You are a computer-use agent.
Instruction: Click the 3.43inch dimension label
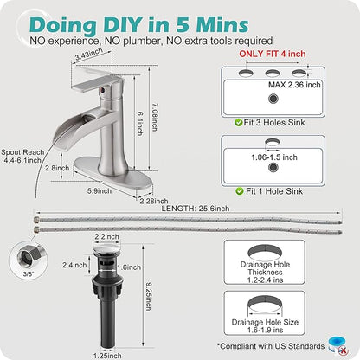pos(89,54)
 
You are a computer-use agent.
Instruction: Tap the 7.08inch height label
pos(154,117)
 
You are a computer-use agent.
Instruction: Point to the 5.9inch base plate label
pos(100,191)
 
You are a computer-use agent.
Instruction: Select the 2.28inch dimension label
pos(154,201)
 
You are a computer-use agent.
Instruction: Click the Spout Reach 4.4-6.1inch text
pos(22,156)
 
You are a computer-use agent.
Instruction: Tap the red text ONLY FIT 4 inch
pos(273,54)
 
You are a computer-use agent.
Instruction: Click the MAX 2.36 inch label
pos(294,85)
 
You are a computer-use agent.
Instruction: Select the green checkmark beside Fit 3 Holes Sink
pos(239,123)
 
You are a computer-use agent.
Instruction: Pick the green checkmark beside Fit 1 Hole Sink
pos(240,191)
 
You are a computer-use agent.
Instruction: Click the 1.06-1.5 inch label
pos(274,157)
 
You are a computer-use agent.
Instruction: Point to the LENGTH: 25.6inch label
pos(196,209)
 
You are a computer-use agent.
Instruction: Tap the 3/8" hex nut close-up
pos(28,255)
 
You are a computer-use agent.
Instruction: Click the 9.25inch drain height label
pos(148,296)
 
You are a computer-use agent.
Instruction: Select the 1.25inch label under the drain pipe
pos(107,356)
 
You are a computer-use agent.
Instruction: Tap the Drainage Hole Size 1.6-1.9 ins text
pos(265,326)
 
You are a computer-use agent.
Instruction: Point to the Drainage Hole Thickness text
pos(265,272)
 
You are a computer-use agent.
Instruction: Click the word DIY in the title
pos(123,25)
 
